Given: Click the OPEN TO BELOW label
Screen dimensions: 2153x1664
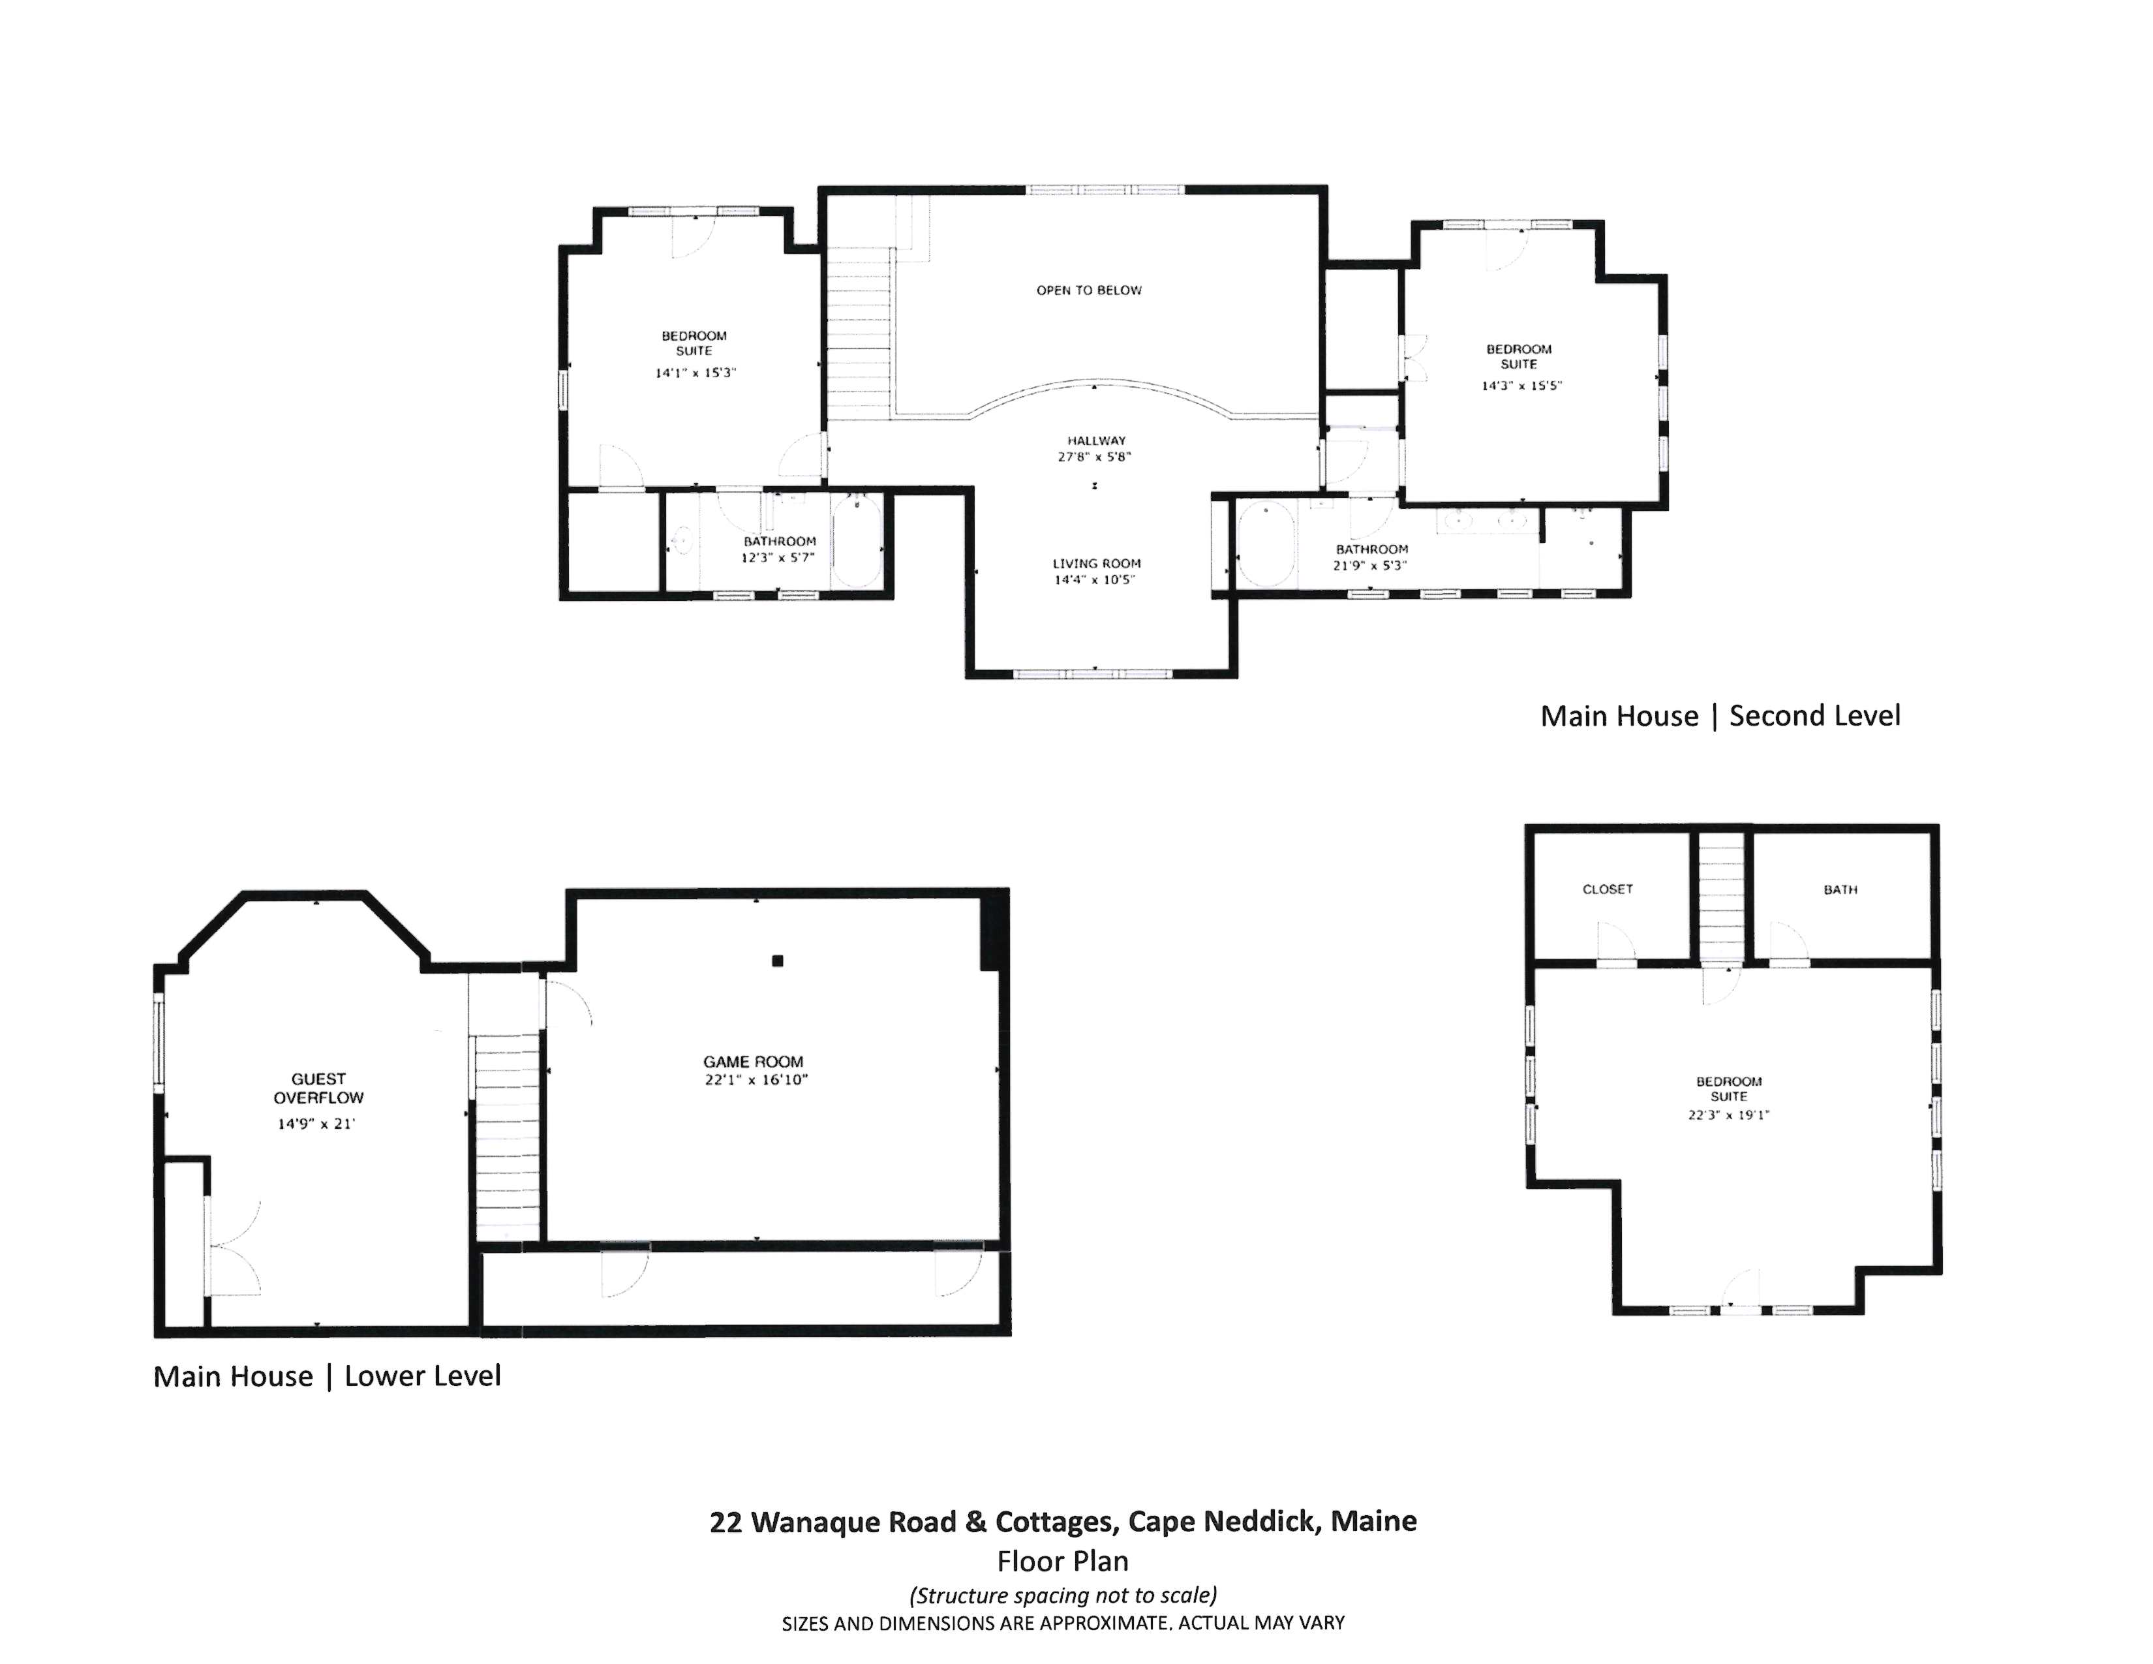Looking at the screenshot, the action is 1088,290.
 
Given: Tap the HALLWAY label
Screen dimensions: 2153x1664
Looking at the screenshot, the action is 1096,440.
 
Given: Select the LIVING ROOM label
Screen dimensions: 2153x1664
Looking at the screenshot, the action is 1096,564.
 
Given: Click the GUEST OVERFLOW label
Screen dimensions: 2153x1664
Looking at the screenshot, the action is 318,1088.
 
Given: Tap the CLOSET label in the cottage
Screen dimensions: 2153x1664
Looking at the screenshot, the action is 1608,889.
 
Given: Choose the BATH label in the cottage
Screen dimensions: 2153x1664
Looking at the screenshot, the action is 1840,889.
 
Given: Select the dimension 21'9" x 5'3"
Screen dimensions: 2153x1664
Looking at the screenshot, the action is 1370,566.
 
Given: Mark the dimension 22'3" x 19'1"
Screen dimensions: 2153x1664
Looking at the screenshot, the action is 1729,1115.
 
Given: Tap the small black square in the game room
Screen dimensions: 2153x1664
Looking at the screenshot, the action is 778,960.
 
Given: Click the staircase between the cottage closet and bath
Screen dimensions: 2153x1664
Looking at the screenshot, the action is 1722,895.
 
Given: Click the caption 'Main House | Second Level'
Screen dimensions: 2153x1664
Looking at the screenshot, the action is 1720,716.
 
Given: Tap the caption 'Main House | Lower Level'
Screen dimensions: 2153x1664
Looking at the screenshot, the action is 328,1376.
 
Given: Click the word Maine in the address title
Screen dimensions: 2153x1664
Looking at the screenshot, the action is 1373,1521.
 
